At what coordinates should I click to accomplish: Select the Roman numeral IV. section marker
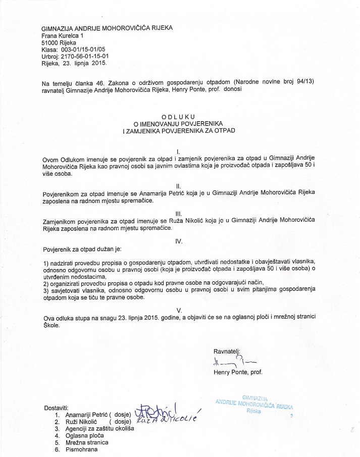178,241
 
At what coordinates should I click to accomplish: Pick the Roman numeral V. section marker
178,309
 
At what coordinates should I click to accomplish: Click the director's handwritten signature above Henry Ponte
235,362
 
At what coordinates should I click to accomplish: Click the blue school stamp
255,404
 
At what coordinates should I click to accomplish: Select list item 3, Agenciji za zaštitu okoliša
100,428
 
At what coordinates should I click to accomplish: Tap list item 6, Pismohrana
81,449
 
